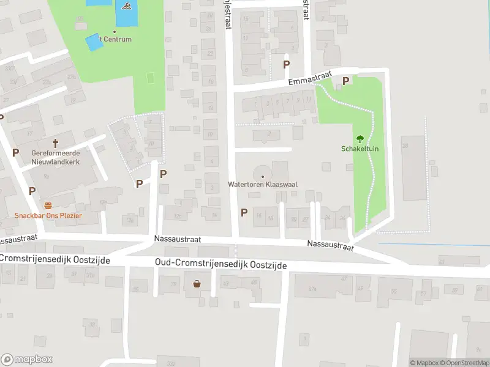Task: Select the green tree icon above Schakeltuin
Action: (360, 138)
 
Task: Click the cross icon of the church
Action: (56, 143)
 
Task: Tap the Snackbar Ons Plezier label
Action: (48, 215)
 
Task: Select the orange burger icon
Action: (48, 205)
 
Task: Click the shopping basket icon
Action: (197, 283)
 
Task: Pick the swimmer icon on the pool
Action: (126, 7)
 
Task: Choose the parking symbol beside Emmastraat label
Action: (346, 81)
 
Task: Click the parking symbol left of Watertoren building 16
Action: (244, 212)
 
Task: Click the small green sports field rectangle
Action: (150, 79)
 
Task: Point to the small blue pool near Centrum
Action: (94, 42)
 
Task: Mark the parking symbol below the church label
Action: (32, 191)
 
